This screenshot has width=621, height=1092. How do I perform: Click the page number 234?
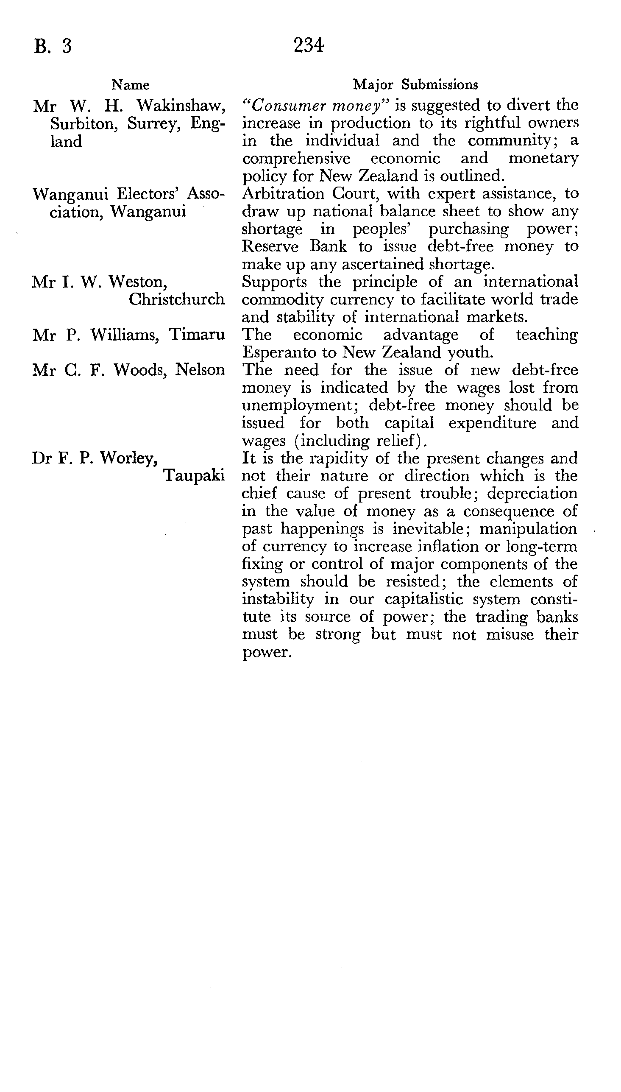308,45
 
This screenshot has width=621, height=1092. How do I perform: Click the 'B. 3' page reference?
53,46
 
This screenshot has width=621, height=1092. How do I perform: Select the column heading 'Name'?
131,85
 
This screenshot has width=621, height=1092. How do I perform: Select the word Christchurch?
177,299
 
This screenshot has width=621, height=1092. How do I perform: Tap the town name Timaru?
197,335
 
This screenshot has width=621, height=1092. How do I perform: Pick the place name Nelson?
200,370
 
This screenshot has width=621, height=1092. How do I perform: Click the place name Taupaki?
195,476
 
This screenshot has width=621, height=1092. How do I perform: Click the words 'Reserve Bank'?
294,247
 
